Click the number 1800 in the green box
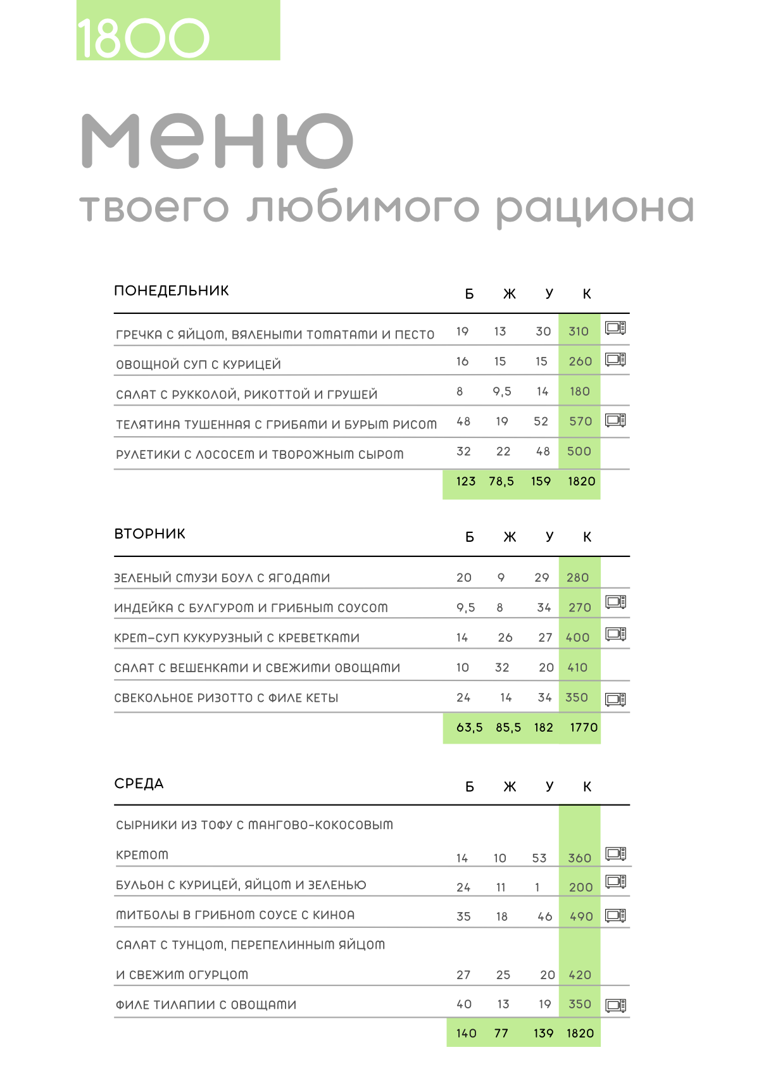(143, 38)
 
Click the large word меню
(217, 141)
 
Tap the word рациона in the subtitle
(594, 208)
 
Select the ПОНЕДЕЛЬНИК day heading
(171, 291)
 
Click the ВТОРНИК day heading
(149, 534)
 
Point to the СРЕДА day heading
(139, 784)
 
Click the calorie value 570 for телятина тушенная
(581, 422)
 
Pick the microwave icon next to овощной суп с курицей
(615, 360)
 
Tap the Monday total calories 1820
(581, 481)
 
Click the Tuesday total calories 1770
(584, 727)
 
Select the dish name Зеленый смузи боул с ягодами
(222, 578)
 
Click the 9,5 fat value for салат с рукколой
(502, 391)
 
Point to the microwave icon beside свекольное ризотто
(615, 699)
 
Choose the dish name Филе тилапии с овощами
(206, 1004)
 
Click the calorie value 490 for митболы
(581, 916)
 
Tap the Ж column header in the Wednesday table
(510, 787)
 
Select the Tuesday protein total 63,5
(469, 727)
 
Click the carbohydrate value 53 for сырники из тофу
(539, 858)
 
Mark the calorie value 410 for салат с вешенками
(577, 668)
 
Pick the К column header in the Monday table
(587, 294)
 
